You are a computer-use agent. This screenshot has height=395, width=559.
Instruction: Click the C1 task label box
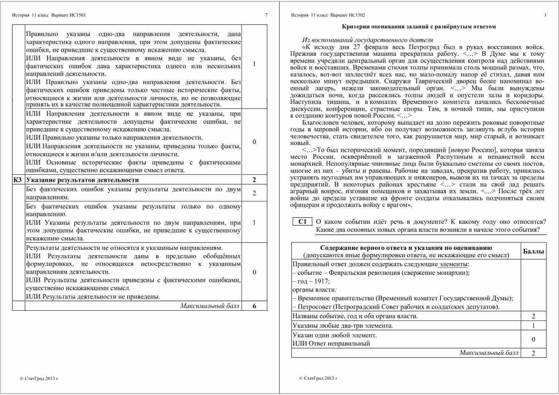pyautogui.click(x=302, y=222)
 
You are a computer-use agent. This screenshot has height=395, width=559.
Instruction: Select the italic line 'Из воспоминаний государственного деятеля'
pyautogui.click(x=367, y=40)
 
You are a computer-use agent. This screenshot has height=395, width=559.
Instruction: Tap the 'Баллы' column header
pyautogui.click(x=534, y=251)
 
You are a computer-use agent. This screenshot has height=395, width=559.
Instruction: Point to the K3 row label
pyautogui.click(x=18, y=180)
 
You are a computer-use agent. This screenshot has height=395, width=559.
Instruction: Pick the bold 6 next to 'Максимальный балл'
pyautogui.click(x=254, y=306)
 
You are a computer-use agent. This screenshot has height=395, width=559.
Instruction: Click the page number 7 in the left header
pyautogui.click(x=266, y=15)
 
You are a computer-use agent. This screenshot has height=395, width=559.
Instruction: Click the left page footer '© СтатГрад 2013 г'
pyautogui.click(x=39, y=378)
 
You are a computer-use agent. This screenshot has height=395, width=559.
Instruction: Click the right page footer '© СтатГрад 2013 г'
pyautogui.click(x=318, y=378)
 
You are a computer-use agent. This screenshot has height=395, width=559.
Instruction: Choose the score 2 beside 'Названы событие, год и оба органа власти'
pyautogui.click(x=534, y=316)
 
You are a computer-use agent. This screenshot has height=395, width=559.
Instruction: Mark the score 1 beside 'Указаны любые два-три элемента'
pyautogui.click(x=534, y=326)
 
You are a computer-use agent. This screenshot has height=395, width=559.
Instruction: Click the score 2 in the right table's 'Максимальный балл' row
pyautogui.click(x=534, y=353)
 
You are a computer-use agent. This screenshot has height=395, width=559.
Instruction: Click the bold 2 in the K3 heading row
pyautogui.click(x=254, y=180)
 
